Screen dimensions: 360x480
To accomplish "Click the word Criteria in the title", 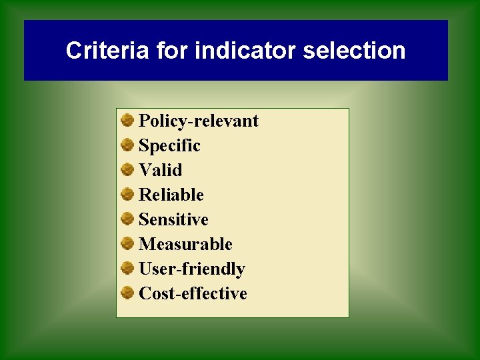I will click(x=107, y=51).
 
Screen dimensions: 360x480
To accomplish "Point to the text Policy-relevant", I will click(x=198, y=121).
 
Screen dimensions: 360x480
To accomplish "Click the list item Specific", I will click(x=169, y=145).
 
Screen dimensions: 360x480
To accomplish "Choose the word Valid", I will click(x=160, y=170).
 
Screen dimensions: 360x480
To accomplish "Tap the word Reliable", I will click(x=171, y=195).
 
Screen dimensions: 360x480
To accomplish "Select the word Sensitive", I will click(x=173, y=219).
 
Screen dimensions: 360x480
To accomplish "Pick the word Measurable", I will click(x=185, y=244).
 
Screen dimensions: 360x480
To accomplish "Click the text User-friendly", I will click(x=191, y=269).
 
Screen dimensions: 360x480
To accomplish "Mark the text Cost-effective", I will click(x=193, y=293).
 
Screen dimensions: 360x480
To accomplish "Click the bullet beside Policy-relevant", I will click(x=127, y=120).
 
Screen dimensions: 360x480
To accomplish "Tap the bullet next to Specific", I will click(x=127, y=145).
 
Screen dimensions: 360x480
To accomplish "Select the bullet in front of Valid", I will click(x=127, y=169).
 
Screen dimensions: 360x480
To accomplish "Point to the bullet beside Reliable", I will click(x=127, y=194).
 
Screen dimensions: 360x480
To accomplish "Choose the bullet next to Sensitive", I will click(x=127, y=219).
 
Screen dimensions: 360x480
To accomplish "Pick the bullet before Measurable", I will click(x=127, y=243).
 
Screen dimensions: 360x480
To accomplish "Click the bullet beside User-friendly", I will click(x=127, y=268).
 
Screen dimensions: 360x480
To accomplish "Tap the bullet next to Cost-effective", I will click(x=127, y=293).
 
